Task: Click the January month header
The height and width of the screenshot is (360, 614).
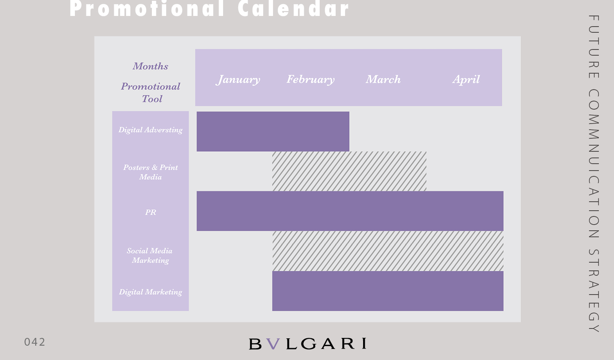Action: pos(238,80)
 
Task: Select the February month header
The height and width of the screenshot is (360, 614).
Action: pos(311,80)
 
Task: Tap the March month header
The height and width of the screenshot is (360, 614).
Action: pos(383,79)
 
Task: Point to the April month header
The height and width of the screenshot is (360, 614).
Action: pos(466,80)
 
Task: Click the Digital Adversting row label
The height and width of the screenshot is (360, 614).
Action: pos(151,130)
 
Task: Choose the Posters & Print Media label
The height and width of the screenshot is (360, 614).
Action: pos(151,172)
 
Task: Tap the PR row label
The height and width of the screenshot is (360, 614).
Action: pos(151,212)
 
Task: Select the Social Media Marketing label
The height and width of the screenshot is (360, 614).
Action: pos(150,255)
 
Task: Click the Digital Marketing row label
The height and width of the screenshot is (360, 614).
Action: pos(151,292)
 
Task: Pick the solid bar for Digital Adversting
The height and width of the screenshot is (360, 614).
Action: pos(273,131)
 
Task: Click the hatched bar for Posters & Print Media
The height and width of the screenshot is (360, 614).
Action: pos(349,171)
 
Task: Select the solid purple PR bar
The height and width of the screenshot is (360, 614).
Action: pos(350,211)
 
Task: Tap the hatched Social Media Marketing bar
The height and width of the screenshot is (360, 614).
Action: pos(388,251)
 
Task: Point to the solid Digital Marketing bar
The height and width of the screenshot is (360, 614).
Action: pos(388,291)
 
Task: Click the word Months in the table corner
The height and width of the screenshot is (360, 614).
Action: pos(151,66)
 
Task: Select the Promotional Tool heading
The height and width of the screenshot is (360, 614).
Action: pos(151,92)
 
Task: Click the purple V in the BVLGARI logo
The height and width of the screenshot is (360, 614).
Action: pos(273,344)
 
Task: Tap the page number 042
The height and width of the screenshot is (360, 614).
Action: pos(34,342)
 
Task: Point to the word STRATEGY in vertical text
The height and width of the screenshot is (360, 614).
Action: pos(594,291)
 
